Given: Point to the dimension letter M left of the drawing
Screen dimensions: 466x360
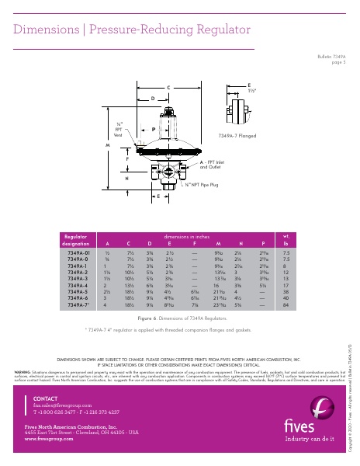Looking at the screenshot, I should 109,144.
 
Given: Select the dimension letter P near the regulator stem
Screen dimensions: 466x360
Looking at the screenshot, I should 154,129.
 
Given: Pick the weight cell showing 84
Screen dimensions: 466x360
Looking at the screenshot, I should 286,304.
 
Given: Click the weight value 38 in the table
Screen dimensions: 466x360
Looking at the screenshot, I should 286,291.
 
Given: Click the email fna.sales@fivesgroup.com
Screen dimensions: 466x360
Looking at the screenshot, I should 58,405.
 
